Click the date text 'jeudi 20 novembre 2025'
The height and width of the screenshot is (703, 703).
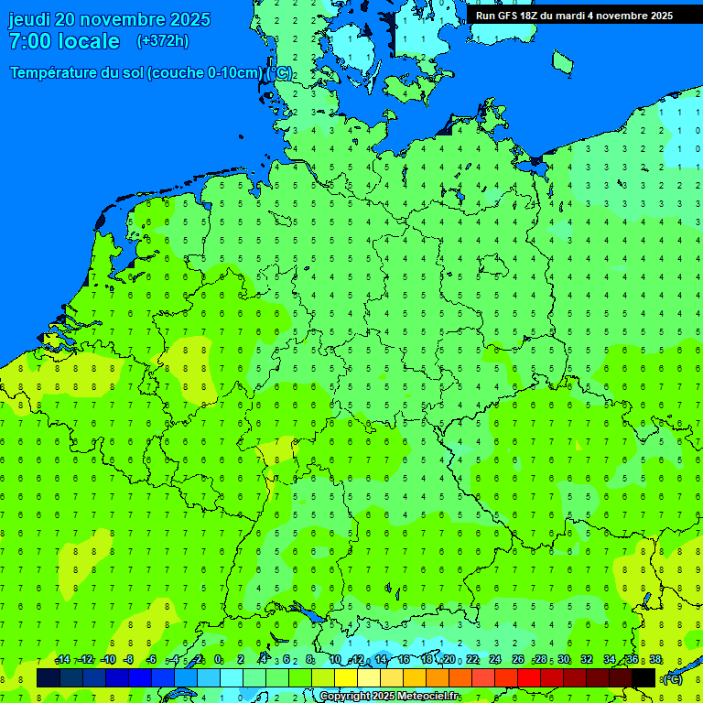[x=109, y=19]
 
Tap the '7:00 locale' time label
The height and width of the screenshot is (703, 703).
[x=64, y=41]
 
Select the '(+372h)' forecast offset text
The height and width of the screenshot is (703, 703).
[x=163, y=41]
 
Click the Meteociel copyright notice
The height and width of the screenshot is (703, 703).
[x=389, y=697]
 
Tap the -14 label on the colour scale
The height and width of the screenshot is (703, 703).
[x=62, y=660]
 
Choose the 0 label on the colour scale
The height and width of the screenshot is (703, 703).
[x=218, y=660]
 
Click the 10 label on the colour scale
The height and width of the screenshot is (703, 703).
[x=335, y=660]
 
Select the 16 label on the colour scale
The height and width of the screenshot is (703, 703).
[x=404, y=660]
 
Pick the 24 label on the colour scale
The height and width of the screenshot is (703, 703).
[x=495, y=660]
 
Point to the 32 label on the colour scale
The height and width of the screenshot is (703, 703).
[x=587, y=660]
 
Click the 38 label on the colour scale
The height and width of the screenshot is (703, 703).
[x=655, y=660]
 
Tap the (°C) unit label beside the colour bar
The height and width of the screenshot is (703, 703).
[x=673, y=679]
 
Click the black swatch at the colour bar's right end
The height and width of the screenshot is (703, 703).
[x=644, y=677]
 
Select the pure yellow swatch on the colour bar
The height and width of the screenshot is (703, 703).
[x=346, y=677]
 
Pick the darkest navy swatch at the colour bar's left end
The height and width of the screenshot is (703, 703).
[x=49, y=677]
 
